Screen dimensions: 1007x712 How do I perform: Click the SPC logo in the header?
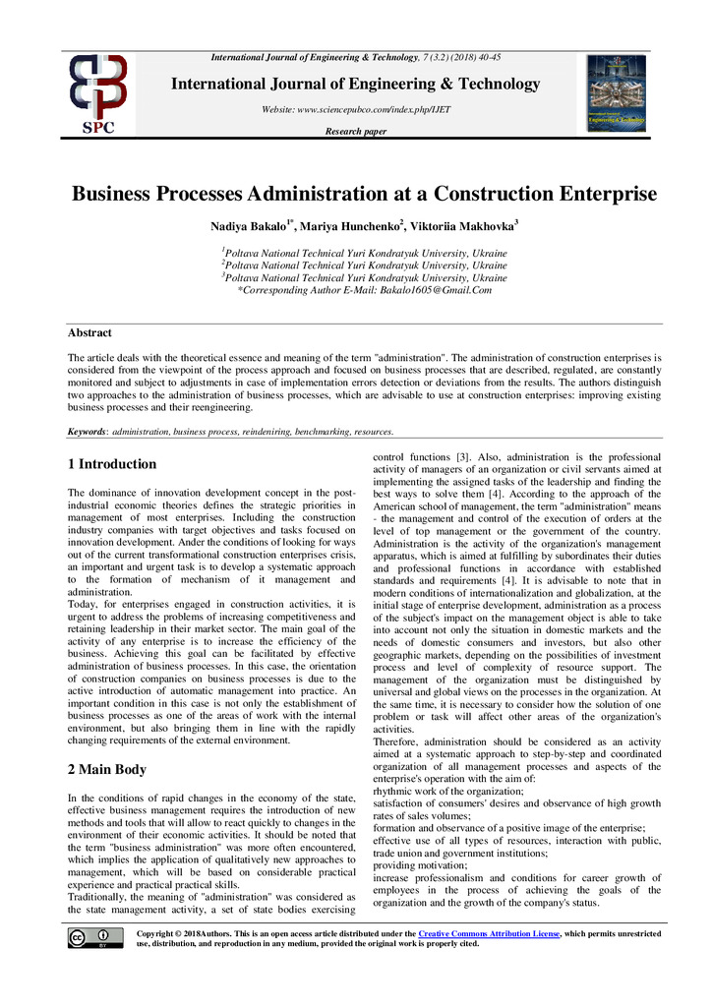tap(96, 94)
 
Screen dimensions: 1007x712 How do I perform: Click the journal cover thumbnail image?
tap(617, 93)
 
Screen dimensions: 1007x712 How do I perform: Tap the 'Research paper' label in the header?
tap(355, 131)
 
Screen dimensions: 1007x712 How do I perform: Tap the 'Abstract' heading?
tap(89, 333)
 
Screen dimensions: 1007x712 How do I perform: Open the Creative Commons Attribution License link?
tap(489, 932)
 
